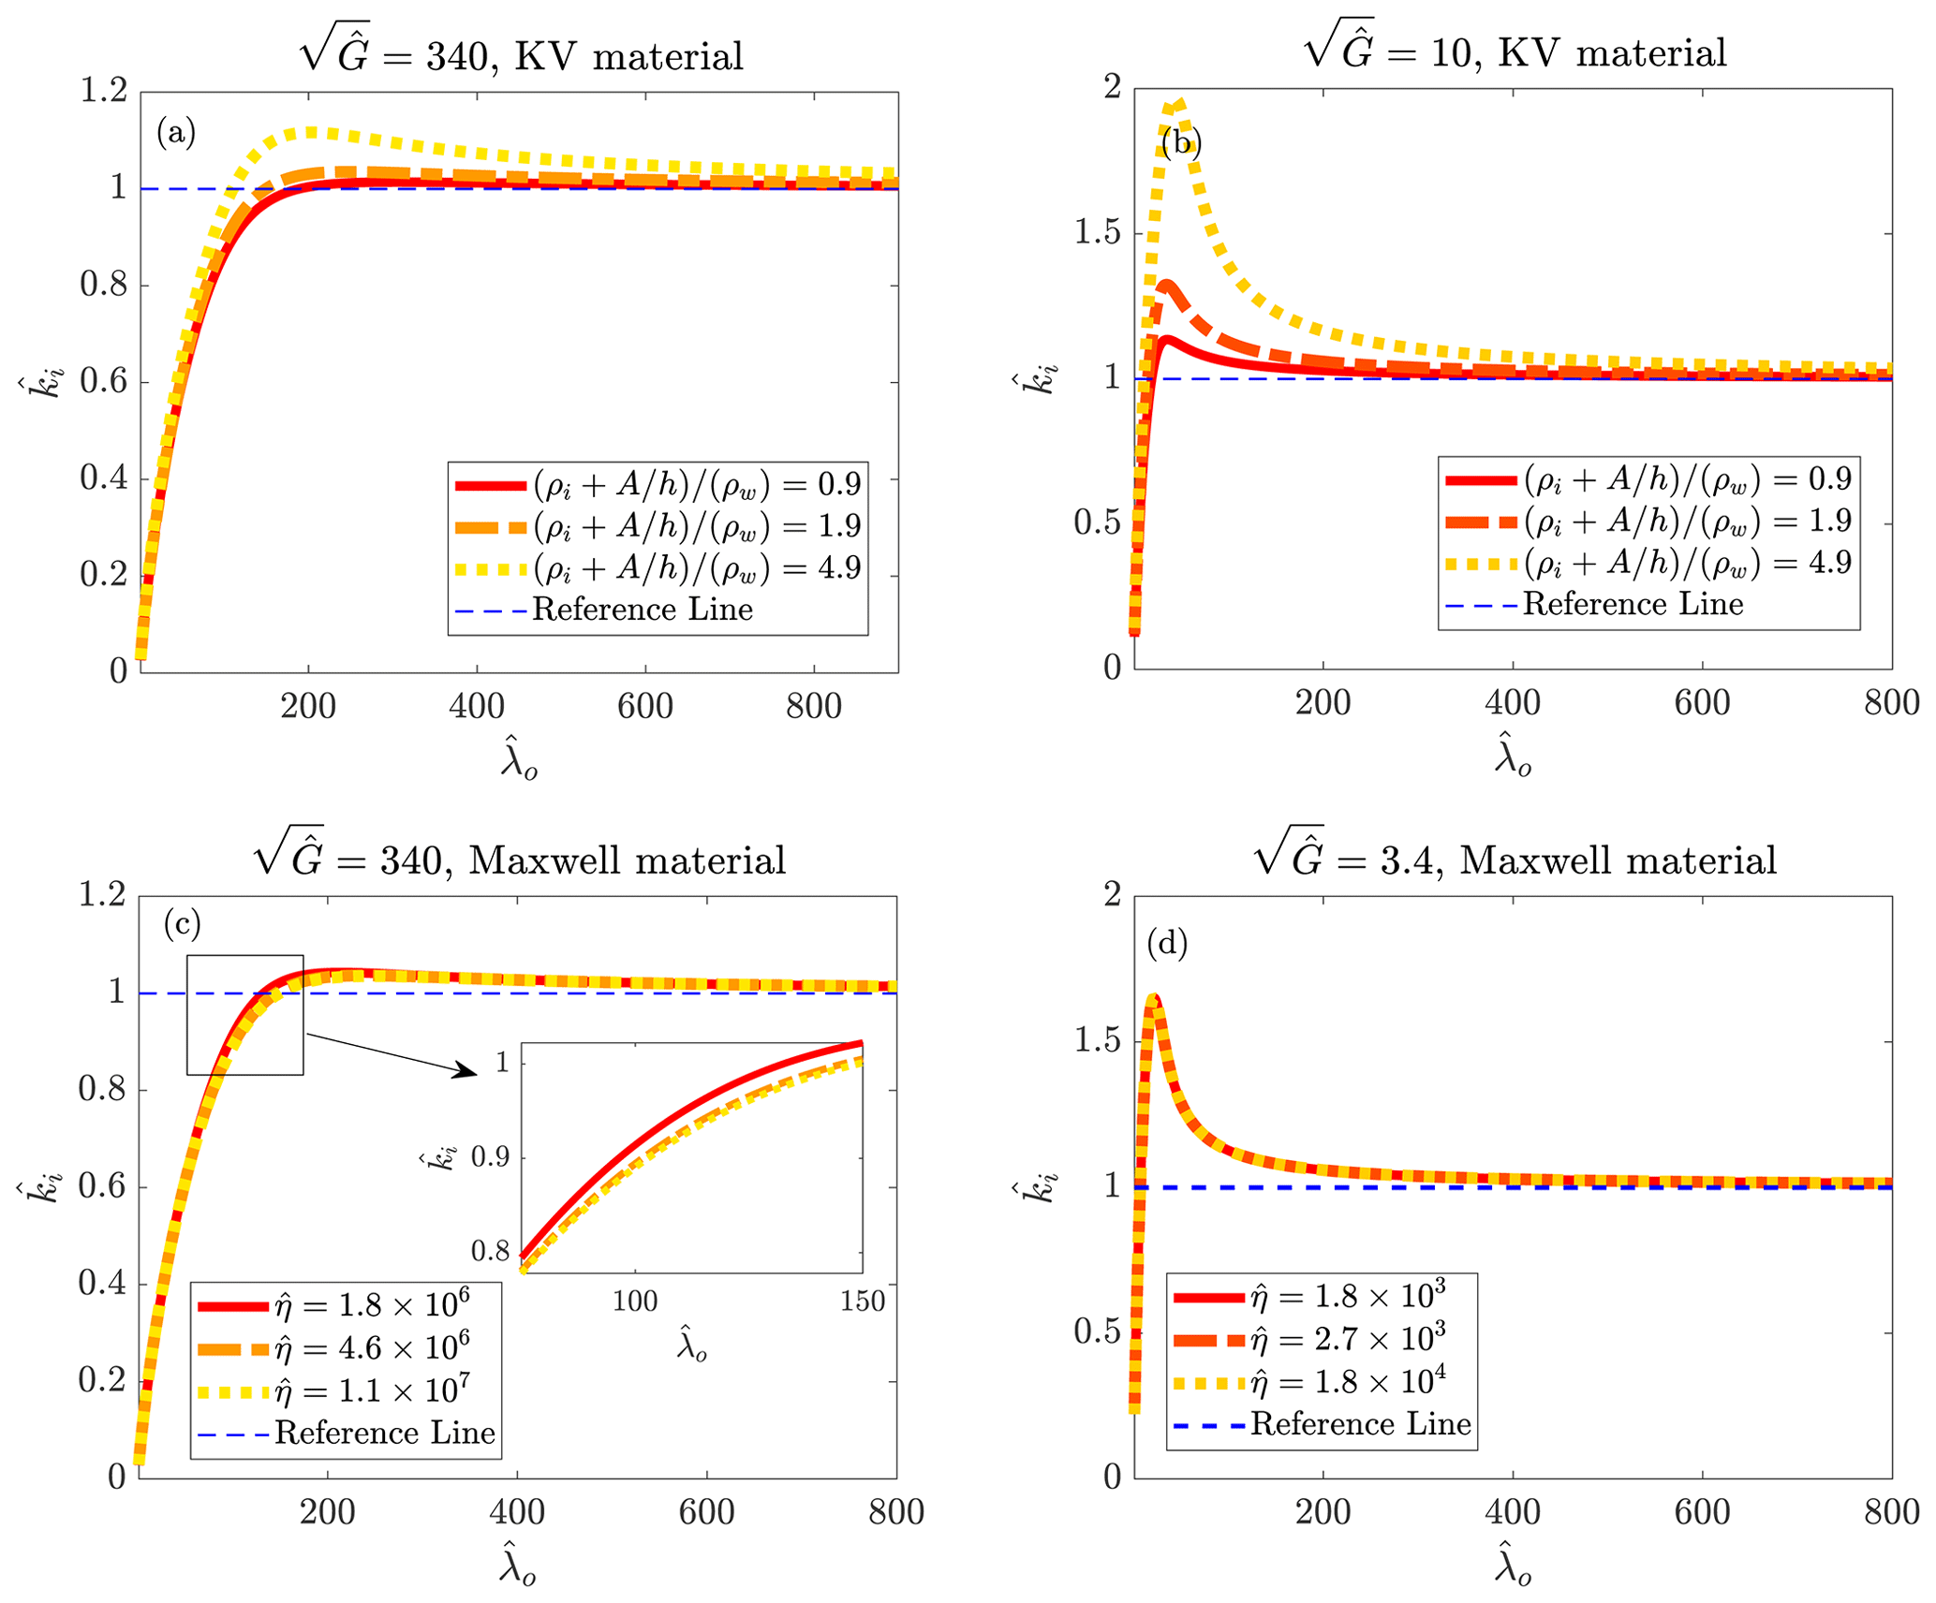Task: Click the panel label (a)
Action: tap(176, 133)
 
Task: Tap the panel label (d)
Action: tap(1167, 943)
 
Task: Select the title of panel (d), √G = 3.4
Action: tap(1515, 857)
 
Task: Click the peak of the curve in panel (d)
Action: tap(1155, 998)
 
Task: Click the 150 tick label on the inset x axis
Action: tap(862, 1301)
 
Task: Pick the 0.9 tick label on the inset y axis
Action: tap(490, 1157)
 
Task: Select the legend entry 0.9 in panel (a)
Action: tap(697, 484)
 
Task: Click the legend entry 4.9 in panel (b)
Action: tap(1688, 563)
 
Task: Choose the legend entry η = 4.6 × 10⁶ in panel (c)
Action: tap(372, 1348)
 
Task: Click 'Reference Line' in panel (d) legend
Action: tap(1360, 1424)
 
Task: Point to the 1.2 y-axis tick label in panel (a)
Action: tap(103, 91)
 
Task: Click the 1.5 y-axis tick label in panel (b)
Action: tap(1098, 232)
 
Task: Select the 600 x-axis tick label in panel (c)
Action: tap(706, 1512)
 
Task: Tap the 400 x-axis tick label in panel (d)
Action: tap(1513, 1512)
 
